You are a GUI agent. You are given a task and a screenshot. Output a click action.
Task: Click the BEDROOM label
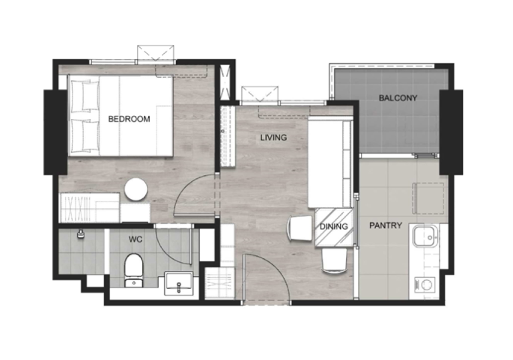point(129,119)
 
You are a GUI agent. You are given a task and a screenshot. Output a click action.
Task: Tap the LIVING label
point(273,138)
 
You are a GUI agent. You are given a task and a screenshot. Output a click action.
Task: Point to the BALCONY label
point(398,98)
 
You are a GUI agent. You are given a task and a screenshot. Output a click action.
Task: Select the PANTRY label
point(386,225)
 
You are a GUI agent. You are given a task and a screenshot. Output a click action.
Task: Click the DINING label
point(333,226)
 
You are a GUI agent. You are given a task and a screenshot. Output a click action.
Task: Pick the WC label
point(135,240)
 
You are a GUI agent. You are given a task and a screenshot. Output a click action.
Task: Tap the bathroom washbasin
point(178,283)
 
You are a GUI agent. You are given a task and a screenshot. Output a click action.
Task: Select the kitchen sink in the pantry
point(425,236)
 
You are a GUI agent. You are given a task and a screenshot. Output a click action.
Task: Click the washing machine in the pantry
point(425,285)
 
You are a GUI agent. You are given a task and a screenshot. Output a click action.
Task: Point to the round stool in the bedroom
point(136,189)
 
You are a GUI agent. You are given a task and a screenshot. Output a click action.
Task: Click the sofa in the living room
point(330,163)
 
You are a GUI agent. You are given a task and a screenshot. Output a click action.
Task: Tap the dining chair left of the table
point(300,228)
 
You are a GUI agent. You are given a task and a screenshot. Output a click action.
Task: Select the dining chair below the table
point(334,260)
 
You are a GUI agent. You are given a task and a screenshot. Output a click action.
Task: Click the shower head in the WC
point(80,234)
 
